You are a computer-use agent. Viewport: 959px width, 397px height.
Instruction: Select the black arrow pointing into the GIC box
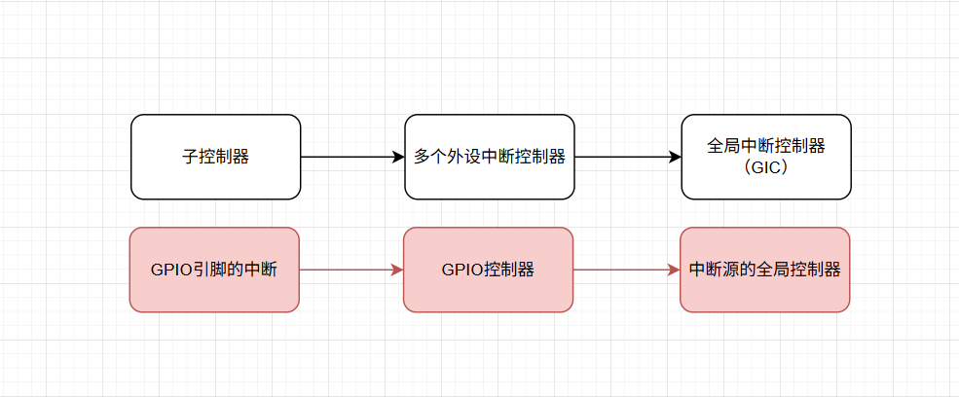(x=623, y=157)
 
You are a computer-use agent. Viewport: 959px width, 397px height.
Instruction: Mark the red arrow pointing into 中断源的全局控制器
(x=623, y=271)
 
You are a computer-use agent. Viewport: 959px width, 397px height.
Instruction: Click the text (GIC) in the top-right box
(x=765, y=166)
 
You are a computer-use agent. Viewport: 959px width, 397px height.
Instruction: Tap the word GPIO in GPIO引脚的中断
(x=171, y=271)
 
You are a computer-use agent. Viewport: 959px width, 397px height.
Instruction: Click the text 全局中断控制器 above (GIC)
(x=765, y=146)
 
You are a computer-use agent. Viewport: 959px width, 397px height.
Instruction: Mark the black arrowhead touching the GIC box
(x=674, y=157)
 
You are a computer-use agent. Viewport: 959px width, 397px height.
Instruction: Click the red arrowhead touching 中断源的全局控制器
(x=673, y=271)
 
